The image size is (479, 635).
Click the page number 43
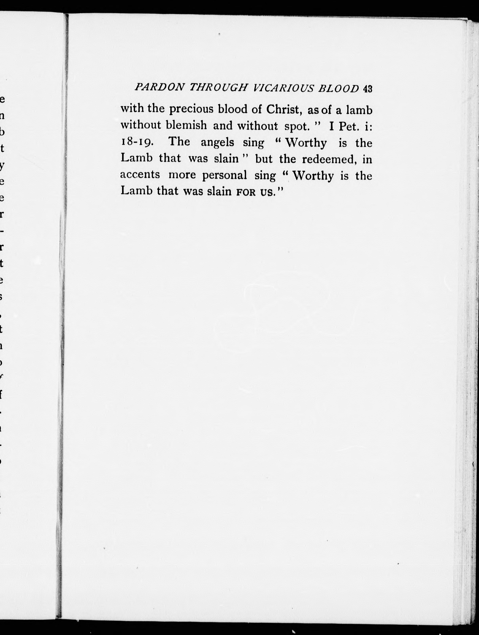[x=367, y=89]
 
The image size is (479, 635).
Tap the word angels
[x=217, y=142]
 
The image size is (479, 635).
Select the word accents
[x=140, y=175]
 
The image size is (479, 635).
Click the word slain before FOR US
[x=219, y=191]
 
